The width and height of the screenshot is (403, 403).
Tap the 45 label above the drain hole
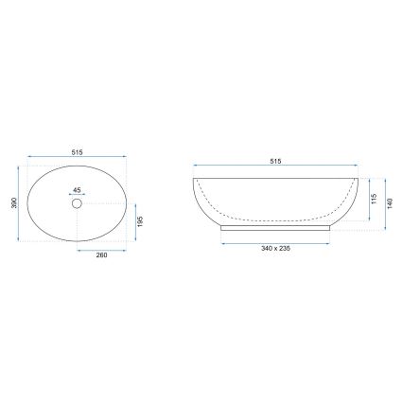click(x=78, y=187)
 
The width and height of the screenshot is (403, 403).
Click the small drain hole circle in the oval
click(x=78, y=202)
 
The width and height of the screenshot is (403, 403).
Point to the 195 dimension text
click(x=142, y=220)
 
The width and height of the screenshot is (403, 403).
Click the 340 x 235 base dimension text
click(x=275, y=248)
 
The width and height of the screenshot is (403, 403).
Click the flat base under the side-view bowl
click(x=275, y=227)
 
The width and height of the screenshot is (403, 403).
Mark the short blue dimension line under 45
click(x=78, y=194)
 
